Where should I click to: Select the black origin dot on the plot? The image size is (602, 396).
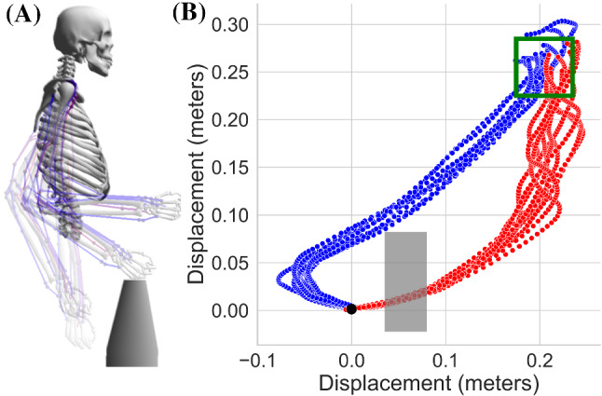(x=350, y=309)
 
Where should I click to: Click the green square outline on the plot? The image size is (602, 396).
(x=544, y=67)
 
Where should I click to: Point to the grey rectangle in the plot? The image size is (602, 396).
(x=405, y=281)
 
